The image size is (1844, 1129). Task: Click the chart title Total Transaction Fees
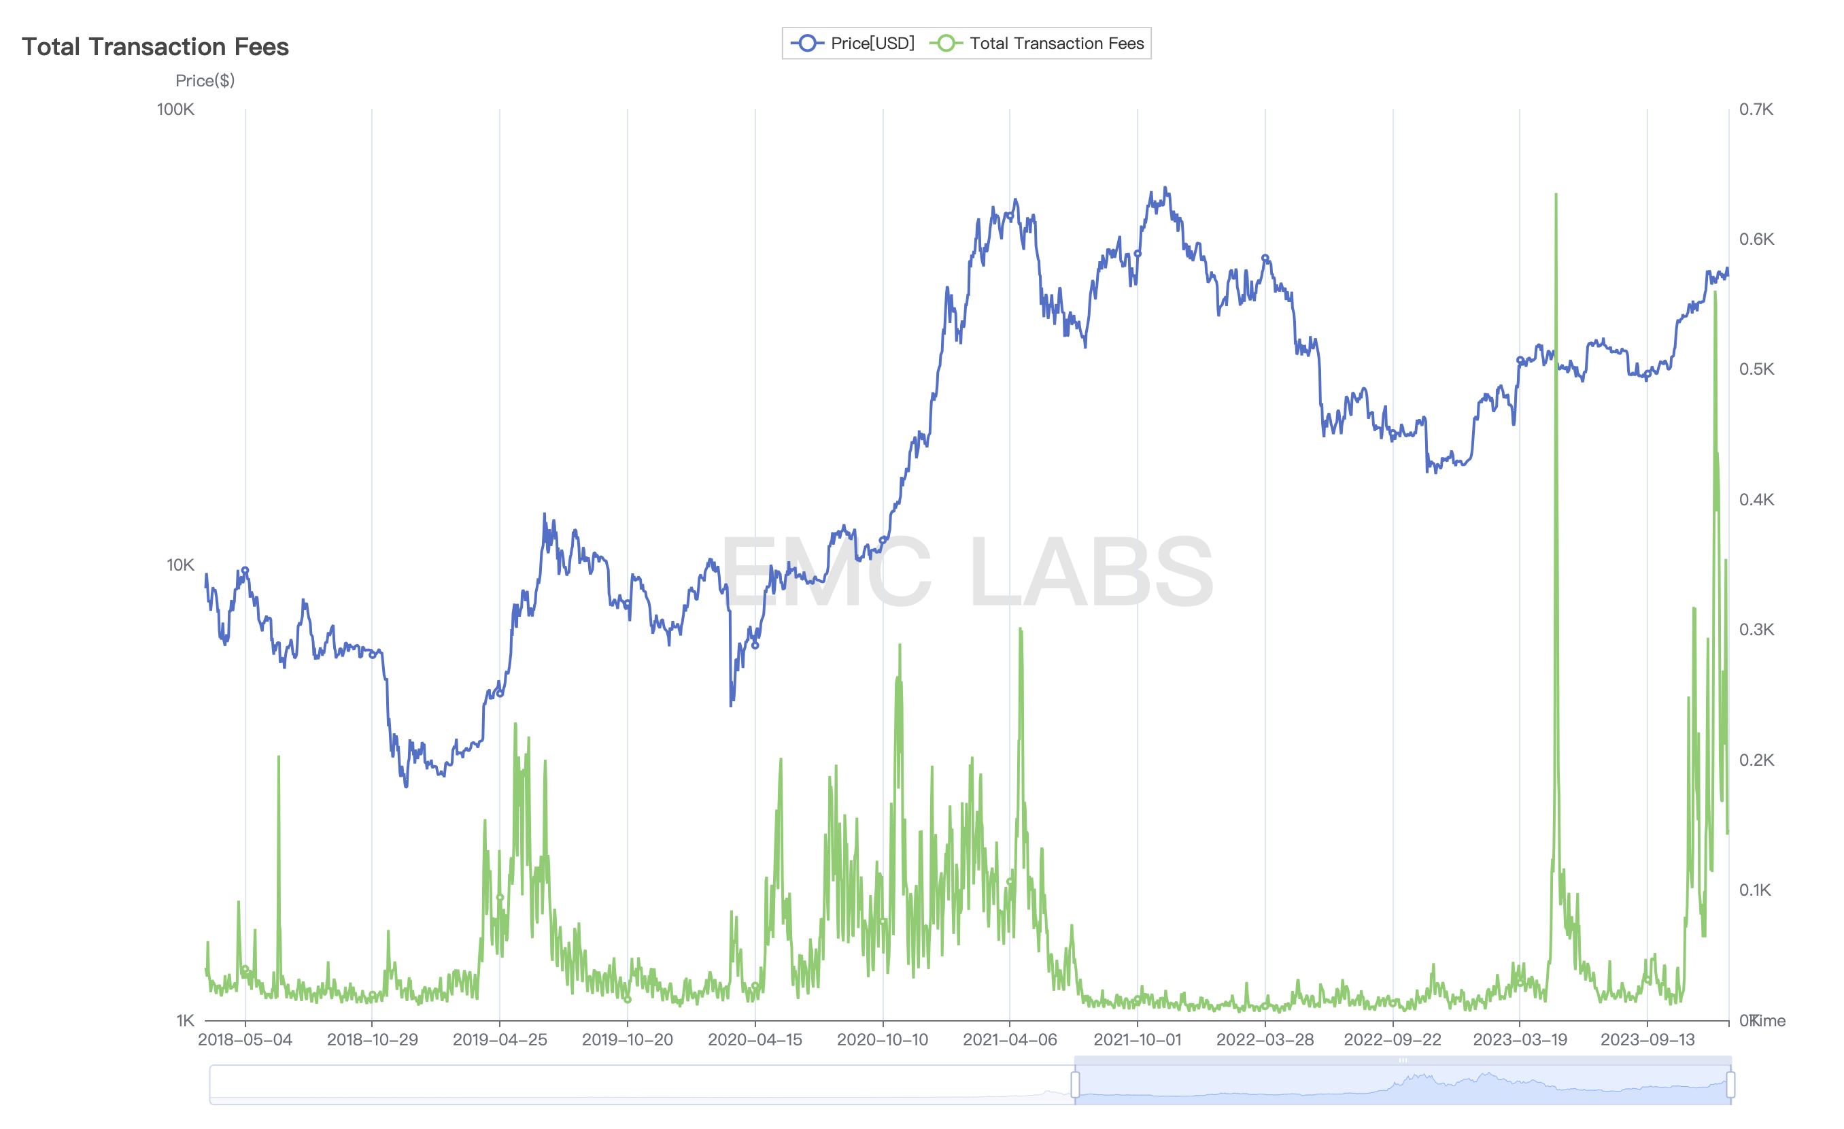(x=155, y=46)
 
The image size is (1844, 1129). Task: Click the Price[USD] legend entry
(x=853, y=44)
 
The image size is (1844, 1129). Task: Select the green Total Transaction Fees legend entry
(x=1038, y=44)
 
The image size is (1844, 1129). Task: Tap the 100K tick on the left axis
(x=176, y=109)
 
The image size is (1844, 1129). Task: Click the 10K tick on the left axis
(x=180, y=565)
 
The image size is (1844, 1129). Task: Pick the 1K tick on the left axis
(x=185, y=1020)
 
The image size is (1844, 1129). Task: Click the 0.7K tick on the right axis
(x=1756, y=109)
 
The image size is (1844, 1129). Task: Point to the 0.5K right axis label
(x=1756, y=369)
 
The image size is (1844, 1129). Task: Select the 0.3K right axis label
(x=1756, y=630)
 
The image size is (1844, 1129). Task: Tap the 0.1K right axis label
(x=1756, y=890)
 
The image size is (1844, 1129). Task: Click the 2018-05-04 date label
(x=245, y=1040)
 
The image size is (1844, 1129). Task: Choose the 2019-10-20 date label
(x=627, y=1040)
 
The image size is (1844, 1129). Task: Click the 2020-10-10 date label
(x=883, y=1040)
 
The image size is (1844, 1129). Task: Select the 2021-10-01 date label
(x=1138, y=1040)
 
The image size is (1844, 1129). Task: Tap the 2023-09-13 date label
(x=1647, y=1040)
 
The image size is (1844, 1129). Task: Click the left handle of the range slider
(x=1076, y=1084)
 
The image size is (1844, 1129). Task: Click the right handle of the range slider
(x=1730, y=1084)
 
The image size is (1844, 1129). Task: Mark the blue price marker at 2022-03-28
(x=1265, y=258)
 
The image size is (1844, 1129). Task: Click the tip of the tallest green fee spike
(x=1556, y=195)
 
